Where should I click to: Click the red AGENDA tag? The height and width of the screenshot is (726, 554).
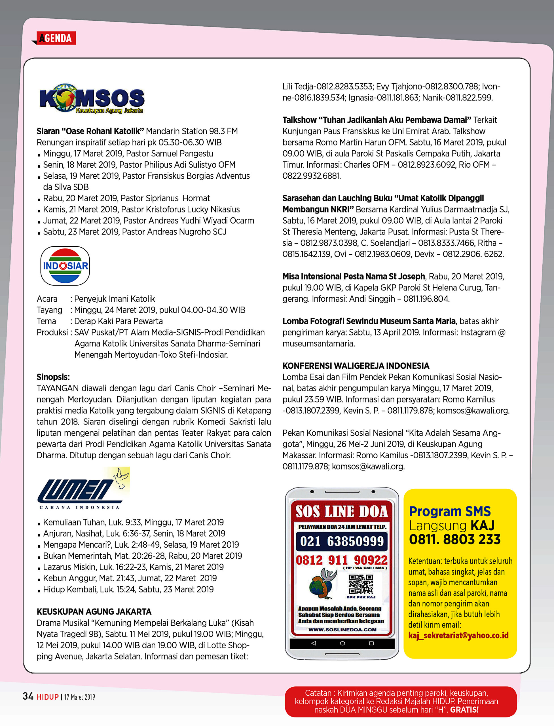55,38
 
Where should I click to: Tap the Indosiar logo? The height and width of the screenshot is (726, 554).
65,265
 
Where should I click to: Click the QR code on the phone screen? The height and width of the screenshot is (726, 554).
360,584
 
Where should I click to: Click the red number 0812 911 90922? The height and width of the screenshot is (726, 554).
342,560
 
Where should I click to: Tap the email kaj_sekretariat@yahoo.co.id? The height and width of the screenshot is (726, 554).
458,635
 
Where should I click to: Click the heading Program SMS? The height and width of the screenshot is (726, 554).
449,511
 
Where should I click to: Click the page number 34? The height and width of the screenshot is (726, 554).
28,696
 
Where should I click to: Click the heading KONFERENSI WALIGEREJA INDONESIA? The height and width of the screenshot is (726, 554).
356,366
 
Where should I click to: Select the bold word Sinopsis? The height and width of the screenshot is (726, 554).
53,377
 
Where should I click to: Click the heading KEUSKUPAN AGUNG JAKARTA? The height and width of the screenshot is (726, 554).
94,611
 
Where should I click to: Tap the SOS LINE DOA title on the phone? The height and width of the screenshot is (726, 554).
342,512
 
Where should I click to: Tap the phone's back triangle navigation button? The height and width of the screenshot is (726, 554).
314,643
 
